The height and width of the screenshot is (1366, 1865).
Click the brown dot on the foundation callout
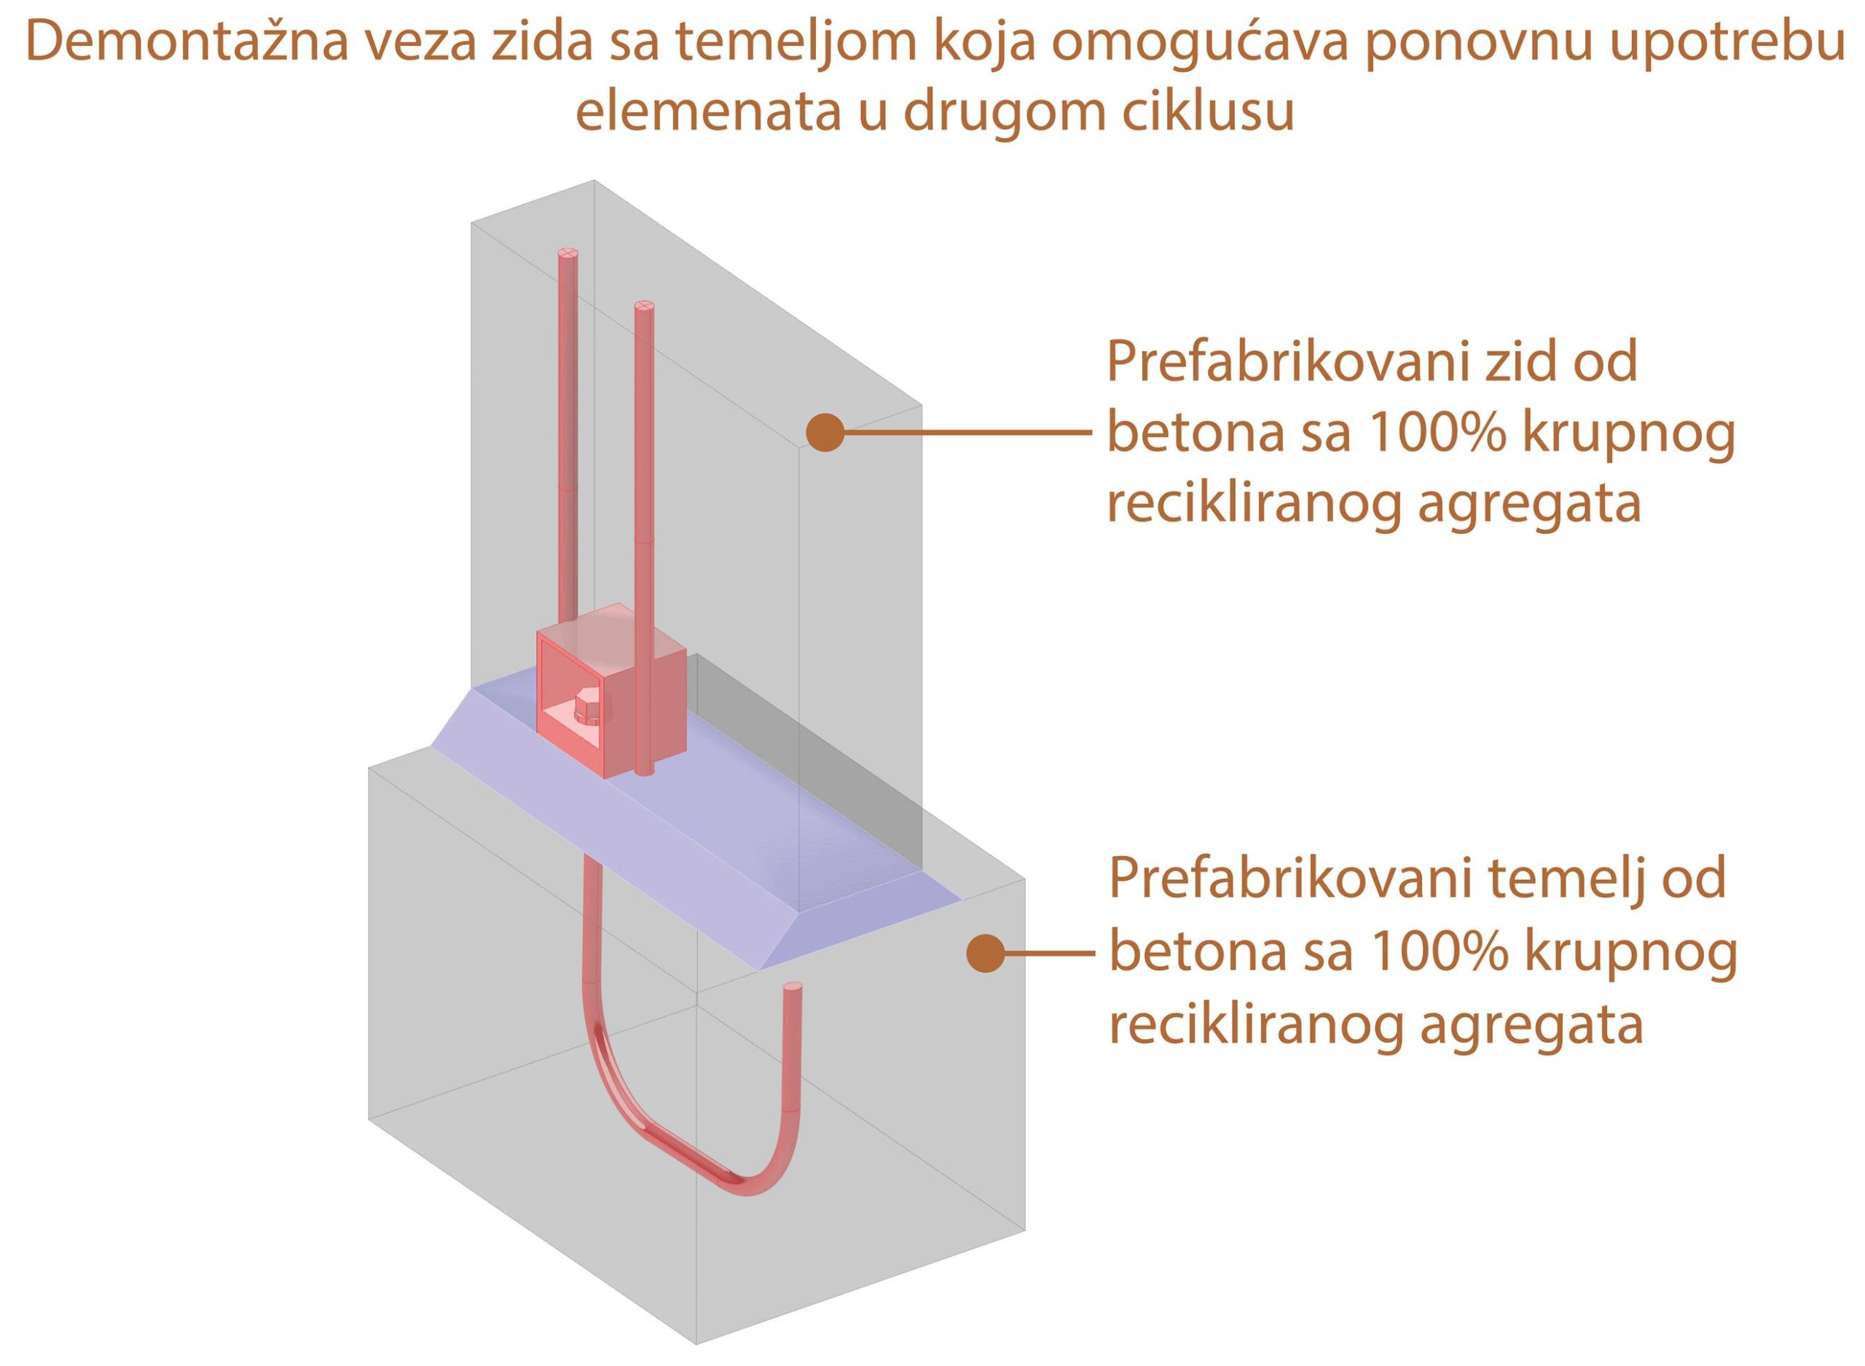coord(986,953)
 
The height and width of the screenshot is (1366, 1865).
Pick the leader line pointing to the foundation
coord(1048,953)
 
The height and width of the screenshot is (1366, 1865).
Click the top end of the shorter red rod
coord(645,307)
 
